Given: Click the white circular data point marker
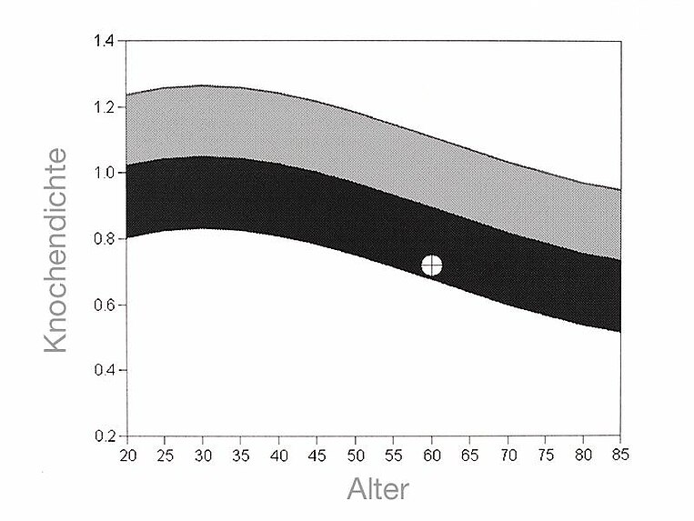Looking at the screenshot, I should [x=432, y=266].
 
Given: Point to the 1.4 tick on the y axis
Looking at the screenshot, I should [x=105, y=41].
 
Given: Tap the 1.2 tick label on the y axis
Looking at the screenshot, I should [x=105, y=107].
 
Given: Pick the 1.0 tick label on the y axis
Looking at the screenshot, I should [x=105, y=173].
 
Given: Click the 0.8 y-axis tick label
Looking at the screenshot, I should [x=105, y=239].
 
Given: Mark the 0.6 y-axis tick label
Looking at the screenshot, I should [x=105, y=305].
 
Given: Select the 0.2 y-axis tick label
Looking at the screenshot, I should [x=105, y=436].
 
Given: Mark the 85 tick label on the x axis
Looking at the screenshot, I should [x=620, y=453].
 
